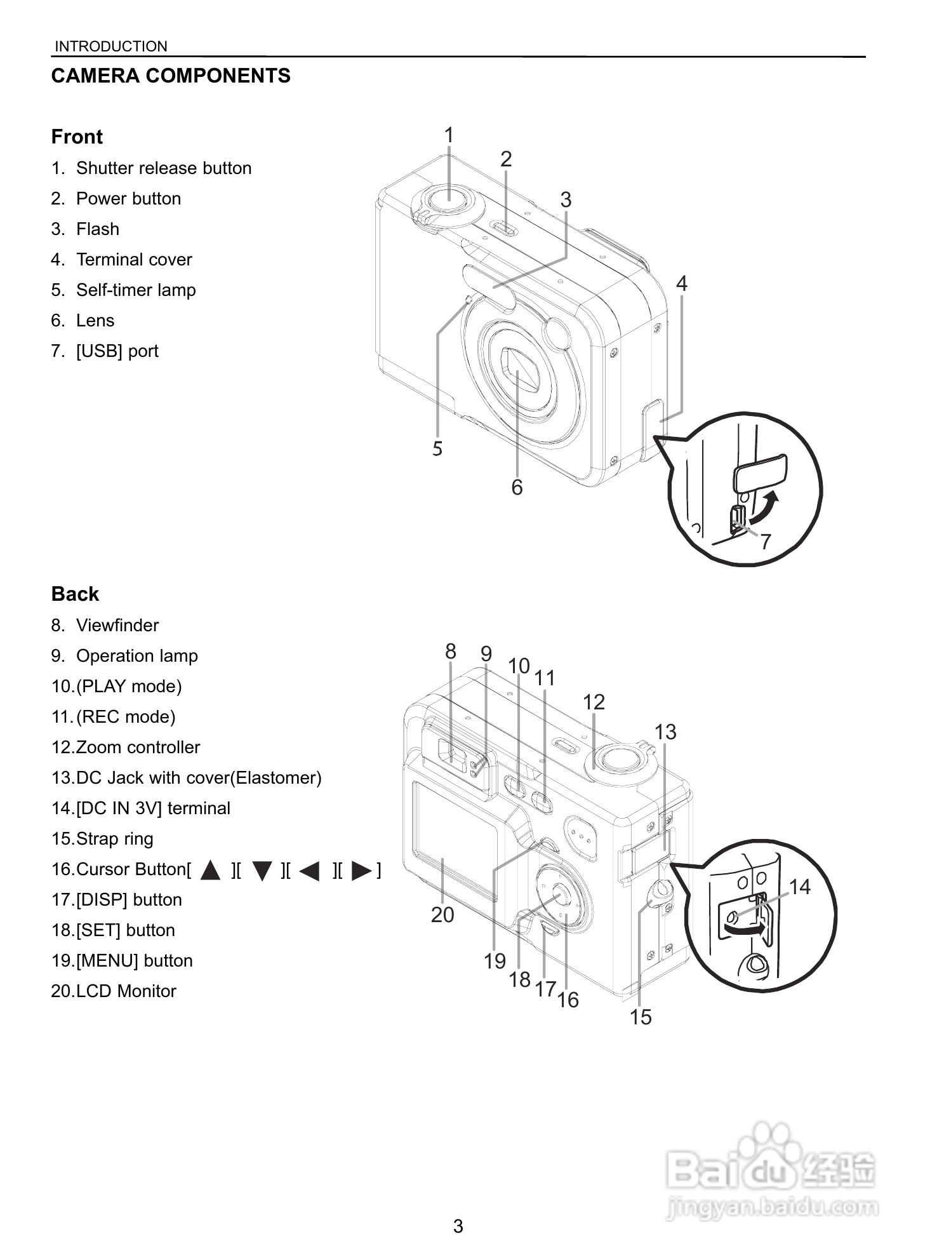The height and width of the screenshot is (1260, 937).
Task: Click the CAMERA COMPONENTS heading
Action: coord(171,76)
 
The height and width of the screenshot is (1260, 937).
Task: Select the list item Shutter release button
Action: coord(163,168)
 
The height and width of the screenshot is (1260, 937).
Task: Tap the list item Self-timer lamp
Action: coord(135,290)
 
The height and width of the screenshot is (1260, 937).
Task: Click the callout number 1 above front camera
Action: coord(449,135)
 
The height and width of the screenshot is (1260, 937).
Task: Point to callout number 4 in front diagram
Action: coord(681,283)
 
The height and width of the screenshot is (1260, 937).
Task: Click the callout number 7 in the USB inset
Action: coord(766,542)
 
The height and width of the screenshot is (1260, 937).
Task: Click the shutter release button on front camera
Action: coord(449,199)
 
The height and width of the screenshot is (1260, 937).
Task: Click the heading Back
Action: coord(75,594)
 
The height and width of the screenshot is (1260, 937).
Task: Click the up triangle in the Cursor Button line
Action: coord(210,870)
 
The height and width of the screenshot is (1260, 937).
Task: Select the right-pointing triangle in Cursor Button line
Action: coord(361,870)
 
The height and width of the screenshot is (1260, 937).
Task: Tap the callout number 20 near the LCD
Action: coord(442,915)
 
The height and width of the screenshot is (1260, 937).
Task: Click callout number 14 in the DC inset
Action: coord(799,887)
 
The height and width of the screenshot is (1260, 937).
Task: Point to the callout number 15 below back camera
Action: coord(640,1017)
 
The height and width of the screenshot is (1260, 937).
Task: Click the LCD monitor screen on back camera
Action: coord(454,838)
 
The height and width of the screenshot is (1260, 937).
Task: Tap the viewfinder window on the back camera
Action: coord(453,753)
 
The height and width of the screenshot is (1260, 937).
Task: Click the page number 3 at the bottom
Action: coord(458,1226)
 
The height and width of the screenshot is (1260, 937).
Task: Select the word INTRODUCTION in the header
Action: coord(111,46)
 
